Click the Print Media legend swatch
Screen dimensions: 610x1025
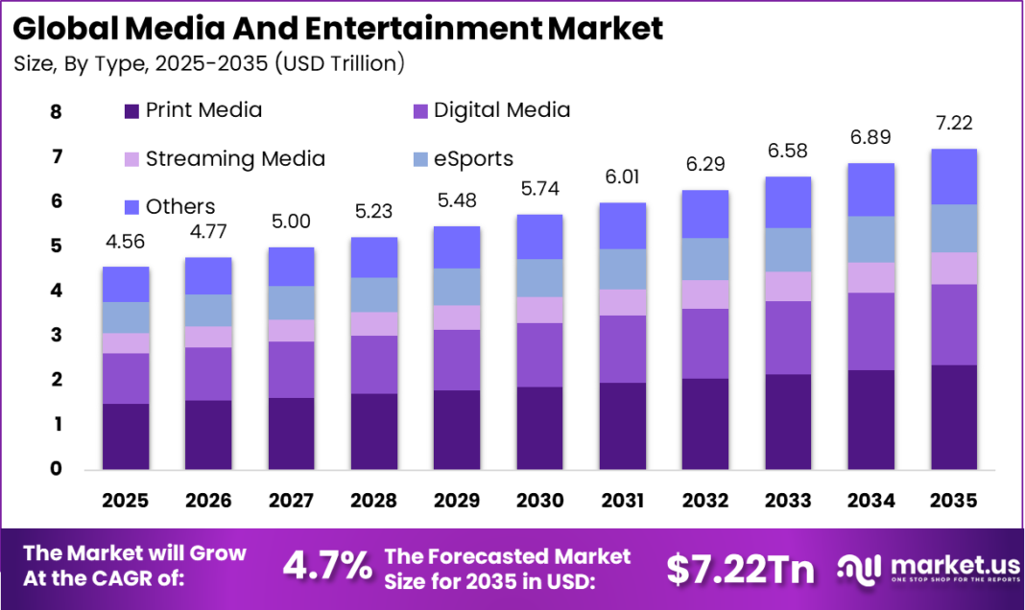[x=132, y=111]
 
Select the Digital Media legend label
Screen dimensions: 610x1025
[x=502, y=110]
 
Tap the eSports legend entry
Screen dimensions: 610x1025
[x=473, y=158]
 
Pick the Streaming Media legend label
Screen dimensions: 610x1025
[x=235, y=158]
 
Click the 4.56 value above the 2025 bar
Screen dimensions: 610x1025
[x=126, y=242]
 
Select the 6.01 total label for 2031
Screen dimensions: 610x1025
[x=623, y=177]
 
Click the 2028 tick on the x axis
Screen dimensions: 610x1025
[x=374, y=500]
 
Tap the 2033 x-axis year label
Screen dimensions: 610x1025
[x=788, y=500]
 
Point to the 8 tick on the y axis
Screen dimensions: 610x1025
[x=56, y=112]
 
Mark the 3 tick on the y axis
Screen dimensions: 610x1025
[x=56, y=336]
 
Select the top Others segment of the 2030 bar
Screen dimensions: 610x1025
[x=539, y=236]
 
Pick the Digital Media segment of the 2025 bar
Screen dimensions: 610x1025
[x=126, y=378]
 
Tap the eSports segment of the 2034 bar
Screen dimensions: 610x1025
[x=870, y=239]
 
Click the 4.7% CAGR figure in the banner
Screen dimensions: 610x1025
[x=327, y=566]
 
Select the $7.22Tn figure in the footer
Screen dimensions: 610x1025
[x=740, y=568]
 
